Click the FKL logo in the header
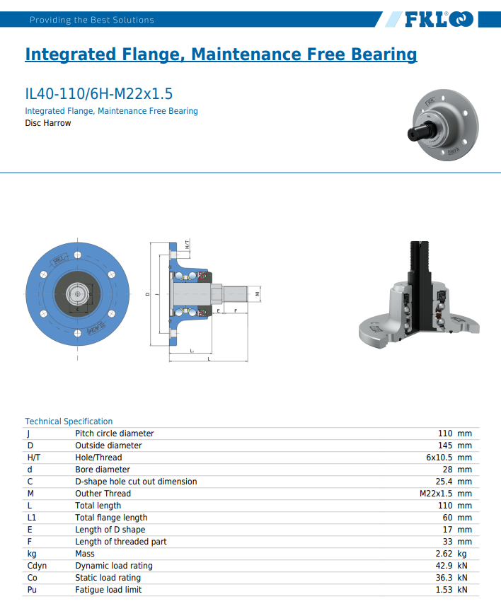438,20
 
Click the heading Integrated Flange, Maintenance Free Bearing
221,54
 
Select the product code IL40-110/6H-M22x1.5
99,94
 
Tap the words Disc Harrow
48,123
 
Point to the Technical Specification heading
69,421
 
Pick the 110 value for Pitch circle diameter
445,433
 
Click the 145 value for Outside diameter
445,446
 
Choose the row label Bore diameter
103,470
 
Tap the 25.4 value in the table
444,482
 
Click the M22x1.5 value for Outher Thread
436,494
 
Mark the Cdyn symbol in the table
37,566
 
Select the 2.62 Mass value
444,554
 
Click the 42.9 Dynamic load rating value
444,566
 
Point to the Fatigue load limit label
108,590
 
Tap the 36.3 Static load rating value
444,578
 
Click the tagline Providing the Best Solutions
92,20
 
